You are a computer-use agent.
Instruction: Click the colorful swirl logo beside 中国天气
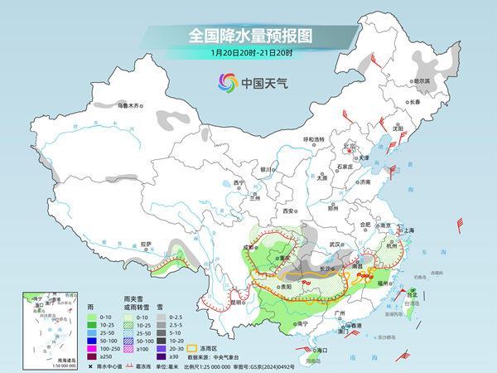(227, 81)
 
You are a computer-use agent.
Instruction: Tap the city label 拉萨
(146, 244)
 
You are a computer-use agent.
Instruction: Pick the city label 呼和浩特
(313, 139)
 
